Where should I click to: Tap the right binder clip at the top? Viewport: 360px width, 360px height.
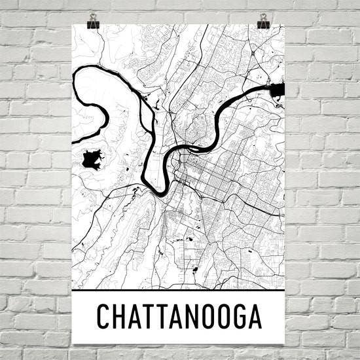coord(264,20)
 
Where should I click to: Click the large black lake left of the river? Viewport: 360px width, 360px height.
coord(93,160)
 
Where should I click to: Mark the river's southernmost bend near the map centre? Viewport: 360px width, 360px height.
coord(159,192)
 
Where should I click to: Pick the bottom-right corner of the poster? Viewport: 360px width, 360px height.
coord(285,344)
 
